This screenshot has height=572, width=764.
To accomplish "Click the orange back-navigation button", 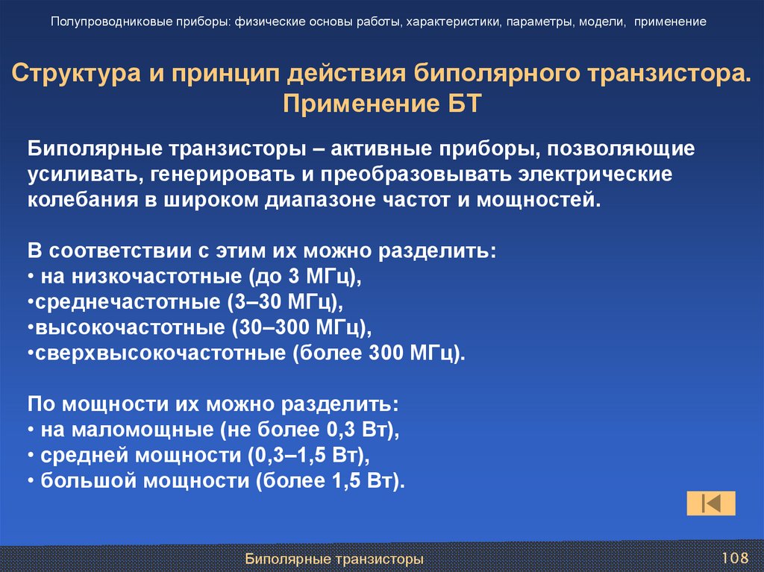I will pyautogui.click(x=710, y=503).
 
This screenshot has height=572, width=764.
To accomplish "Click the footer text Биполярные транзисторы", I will pyautogui.click(x=335, y=558).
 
